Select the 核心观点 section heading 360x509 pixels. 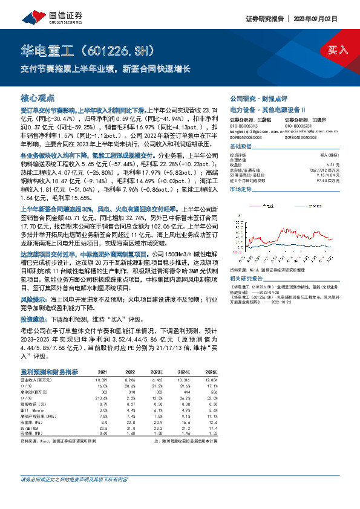tap(38, 97)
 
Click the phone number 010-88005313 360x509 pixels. tap(245, 125)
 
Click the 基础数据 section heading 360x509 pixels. tap(240, 147)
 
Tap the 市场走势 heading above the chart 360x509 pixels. tap(240, 189)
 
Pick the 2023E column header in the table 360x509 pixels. tap(157, 372)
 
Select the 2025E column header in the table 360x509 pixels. tap(211, 372)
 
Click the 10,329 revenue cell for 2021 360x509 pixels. tap(100, 378)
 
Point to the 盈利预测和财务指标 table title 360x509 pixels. tap(49, 371)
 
